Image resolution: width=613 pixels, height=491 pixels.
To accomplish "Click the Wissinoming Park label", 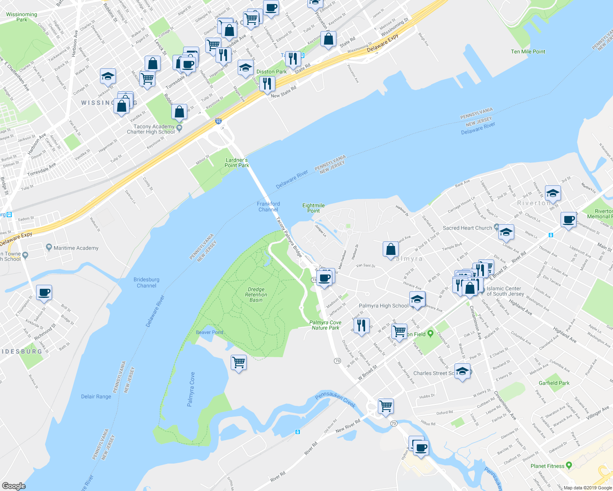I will pos(22,17).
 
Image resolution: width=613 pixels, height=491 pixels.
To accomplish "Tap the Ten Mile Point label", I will pos(528,52).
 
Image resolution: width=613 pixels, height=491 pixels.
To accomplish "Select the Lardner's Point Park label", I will pos(237,163).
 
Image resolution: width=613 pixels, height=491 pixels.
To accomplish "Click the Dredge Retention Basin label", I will pos(256,295).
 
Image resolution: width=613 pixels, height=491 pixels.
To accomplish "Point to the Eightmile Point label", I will pos(313,208).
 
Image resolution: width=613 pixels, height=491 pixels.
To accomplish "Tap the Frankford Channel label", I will pos(268,207).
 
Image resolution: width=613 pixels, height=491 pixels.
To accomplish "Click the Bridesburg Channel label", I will pos(146,283).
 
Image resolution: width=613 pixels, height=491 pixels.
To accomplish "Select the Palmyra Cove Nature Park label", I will pos(325,325).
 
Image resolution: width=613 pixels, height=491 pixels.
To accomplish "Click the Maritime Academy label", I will pos(76,248).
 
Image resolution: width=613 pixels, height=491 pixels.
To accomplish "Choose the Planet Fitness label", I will pos(547,466).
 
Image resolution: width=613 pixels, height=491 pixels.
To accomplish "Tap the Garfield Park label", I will pos(554,383).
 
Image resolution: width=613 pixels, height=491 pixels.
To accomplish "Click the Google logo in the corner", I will pos(14,486).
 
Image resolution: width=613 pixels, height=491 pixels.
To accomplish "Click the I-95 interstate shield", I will pos(218,121).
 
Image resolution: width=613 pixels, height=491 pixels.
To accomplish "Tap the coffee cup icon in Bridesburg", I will pos(44,293).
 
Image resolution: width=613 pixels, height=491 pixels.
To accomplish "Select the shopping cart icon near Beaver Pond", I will pos(238,362).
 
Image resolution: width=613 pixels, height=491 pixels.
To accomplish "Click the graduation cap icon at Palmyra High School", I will pos(417,299).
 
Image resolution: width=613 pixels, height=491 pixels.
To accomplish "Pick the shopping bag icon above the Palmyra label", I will pos(391,249).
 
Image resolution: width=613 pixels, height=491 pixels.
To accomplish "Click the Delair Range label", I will pos(96,396).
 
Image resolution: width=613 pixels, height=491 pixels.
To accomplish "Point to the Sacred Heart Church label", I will pos(467,228).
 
